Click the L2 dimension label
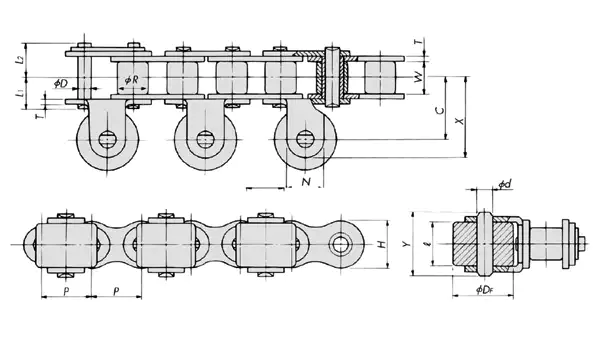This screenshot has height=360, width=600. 21,60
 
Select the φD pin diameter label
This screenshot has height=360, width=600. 60,82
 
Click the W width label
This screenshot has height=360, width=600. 417,76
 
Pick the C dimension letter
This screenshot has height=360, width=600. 441,111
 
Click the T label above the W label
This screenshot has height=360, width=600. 417,41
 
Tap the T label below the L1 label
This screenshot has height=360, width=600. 37,116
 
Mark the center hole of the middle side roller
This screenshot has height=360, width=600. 204,138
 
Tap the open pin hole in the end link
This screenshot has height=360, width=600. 344,244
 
